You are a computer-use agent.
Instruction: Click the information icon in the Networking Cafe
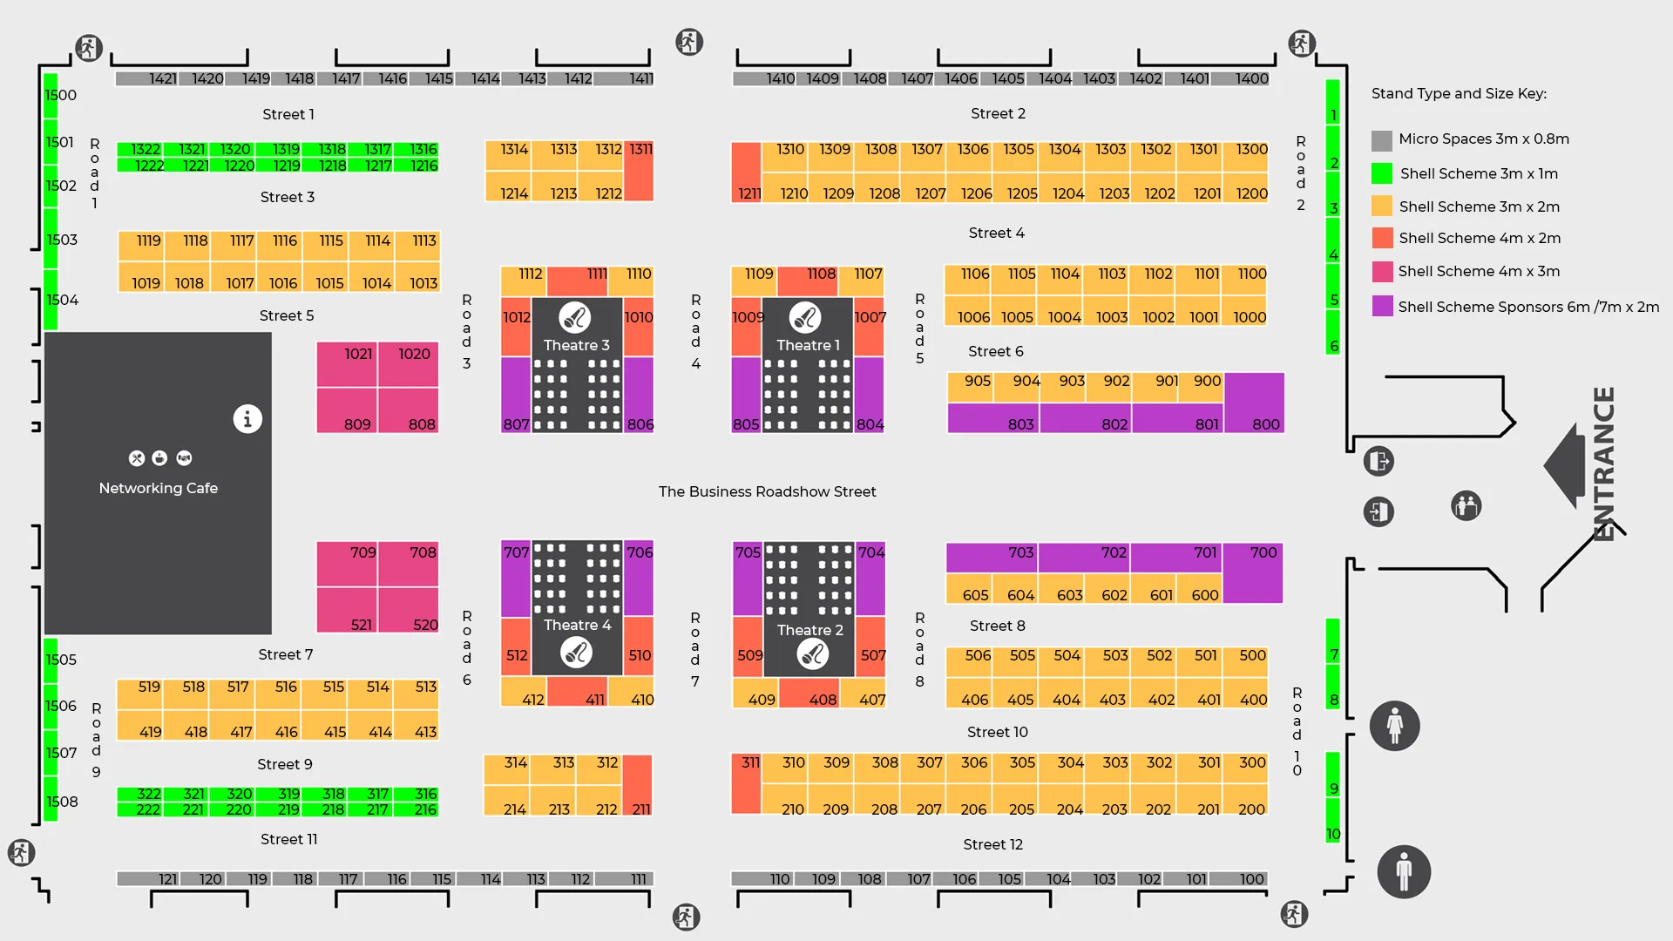(247, 419)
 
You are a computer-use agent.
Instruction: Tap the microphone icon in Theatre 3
(575, 318)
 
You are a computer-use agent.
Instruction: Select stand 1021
(347, 364)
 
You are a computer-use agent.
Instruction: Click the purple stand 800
(1255, 403)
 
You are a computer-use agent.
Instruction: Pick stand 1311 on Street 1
(639, 172)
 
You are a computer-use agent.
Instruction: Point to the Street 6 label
(996, 351)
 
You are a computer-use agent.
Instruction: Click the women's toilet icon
(1395, 726)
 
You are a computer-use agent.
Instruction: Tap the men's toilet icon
(1404, 871)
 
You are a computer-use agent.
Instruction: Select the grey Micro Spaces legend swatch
(1382, 140)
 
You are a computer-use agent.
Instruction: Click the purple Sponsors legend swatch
(1382, 306)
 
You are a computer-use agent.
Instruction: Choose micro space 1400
(1241, 78)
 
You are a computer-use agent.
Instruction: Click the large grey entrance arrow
(1566, 466)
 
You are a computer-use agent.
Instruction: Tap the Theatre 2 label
(810, 630)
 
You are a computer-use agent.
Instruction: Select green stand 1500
(51, 96)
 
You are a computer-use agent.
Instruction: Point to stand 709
(347, 564)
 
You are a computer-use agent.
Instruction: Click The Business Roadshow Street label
(768, 491)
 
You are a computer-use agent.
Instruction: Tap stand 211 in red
(638, 785)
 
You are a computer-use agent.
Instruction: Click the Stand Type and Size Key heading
(1459, 93)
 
